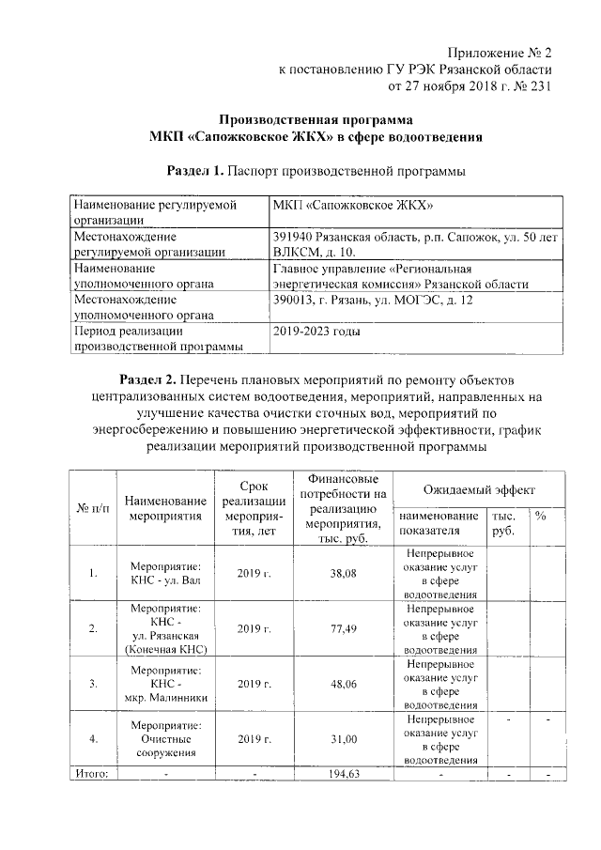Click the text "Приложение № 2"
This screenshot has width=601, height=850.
point(494,52)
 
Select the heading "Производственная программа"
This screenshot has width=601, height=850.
point(316,120)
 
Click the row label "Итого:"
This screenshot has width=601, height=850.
point(92,774)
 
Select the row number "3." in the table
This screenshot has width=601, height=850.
point(92,685)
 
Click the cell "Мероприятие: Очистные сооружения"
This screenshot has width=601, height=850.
point(165,740)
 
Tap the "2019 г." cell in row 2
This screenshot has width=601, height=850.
point(254,628)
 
